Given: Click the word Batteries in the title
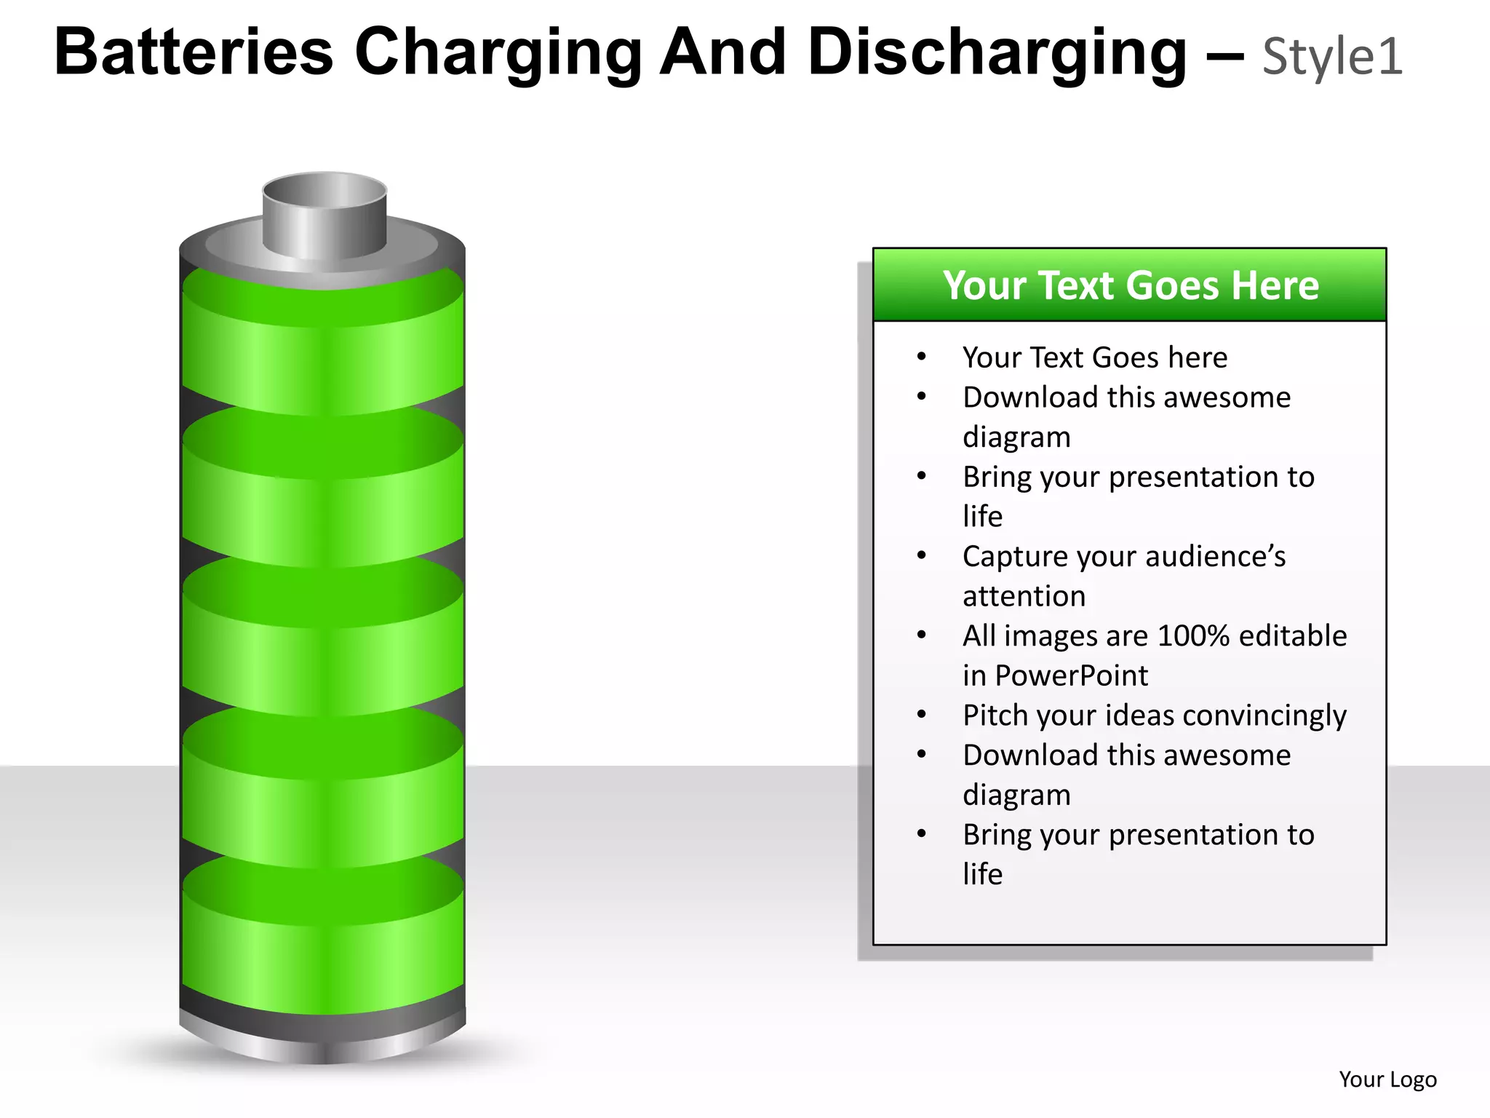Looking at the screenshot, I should point(194,52).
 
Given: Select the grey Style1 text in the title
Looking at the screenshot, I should point(1332,57).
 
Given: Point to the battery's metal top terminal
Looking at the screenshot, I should point(324,215).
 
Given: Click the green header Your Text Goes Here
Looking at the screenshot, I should point(1130,285).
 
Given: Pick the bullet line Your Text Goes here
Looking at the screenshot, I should point(1094,357).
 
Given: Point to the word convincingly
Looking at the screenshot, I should point(1261,716).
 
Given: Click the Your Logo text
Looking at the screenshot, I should point(1387,1079).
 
